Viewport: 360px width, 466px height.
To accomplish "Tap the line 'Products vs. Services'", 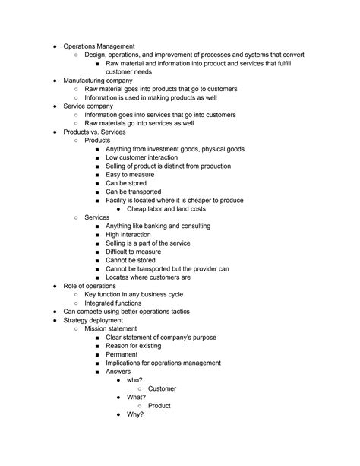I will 99,132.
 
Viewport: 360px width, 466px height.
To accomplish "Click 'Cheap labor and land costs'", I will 166,209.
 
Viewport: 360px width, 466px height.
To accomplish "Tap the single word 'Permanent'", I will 122,354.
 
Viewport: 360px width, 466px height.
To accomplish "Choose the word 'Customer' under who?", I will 162,388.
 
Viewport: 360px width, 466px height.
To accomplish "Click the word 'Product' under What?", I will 159,406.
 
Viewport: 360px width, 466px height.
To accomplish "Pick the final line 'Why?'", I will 136,415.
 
